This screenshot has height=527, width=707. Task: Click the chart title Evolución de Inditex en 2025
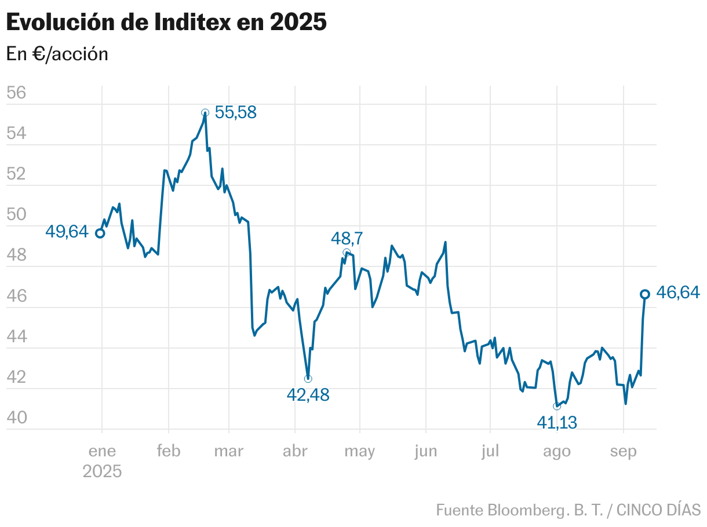pyautogui.click(x=166, y=23)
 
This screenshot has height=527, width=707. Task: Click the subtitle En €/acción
pyautogui.click(x=57, y=54)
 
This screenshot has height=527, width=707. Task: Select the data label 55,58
pyautogui.click(x=235, y=112)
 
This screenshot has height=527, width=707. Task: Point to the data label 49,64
pyautogui.click(x=67, y=232)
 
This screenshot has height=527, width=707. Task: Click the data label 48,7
pyautogui.click(x=347, y=238)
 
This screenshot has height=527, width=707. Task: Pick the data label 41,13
pyautogui.click(x=556, y=423)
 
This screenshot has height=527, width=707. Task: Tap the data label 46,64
pyautogui.click(x=678, y=294)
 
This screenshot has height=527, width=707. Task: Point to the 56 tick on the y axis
pyautogui.click(x=17, y=93)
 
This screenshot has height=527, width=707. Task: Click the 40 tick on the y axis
pyautogui.click(x=17, y=418)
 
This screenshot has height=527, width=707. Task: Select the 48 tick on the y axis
pyautogui.click(x=17, y=255)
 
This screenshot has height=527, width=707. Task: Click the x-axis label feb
pyautogui.click(x=169, y=451)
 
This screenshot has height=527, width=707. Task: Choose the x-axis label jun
pyautogui.click(x=425, y=451)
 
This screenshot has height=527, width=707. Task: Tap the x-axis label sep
pyautogui.click(x=623, y=451)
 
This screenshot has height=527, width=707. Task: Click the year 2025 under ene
pyautogui.click(x=102, y=471)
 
